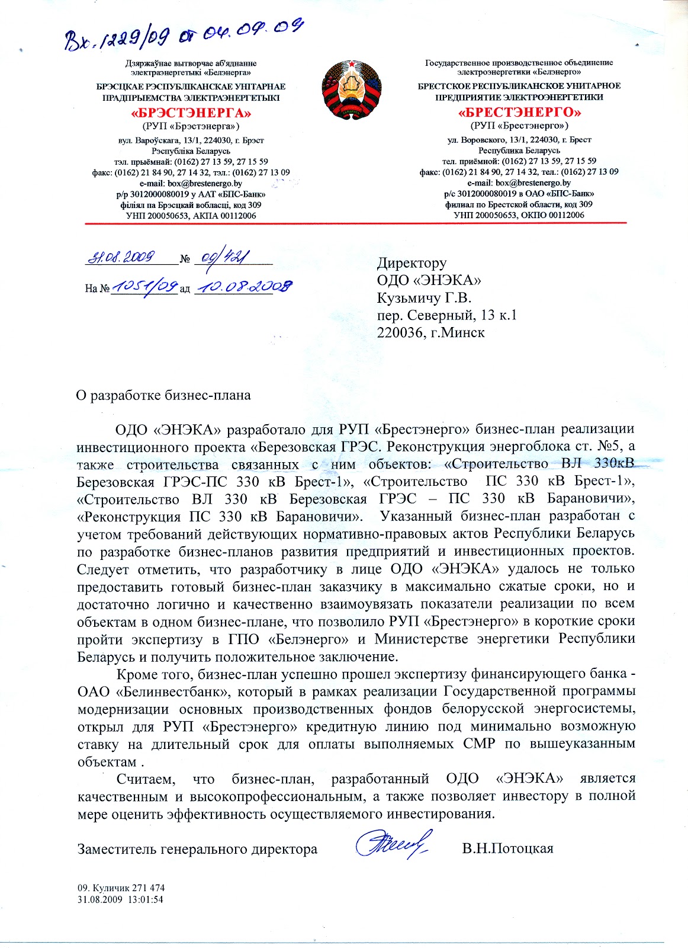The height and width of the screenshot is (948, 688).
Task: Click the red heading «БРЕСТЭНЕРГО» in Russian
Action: (x=519, y=112)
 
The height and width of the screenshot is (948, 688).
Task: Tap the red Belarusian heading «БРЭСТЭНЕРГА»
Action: (x=191, y=113)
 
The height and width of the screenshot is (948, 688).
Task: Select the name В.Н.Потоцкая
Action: (x=507, y=848)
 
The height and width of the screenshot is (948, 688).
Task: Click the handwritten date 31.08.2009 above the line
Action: (x=122, y=257)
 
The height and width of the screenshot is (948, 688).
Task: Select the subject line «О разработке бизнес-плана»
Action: (x=163, y=395)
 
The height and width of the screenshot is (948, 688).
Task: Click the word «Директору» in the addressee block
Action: (x=412, y=262)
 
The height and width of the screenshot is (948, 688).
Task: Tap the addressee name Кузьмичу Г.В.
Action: (x=424, y=297)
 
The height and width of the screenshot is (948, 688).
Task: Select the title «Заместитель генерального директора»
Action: (x=197, y=849)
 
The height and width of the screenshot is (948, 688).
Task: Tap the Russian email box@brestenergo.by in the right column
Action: (x=533, y=182)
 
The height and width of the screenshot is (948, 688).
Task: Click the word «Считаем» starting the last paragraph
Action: (x=146, y=778)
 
